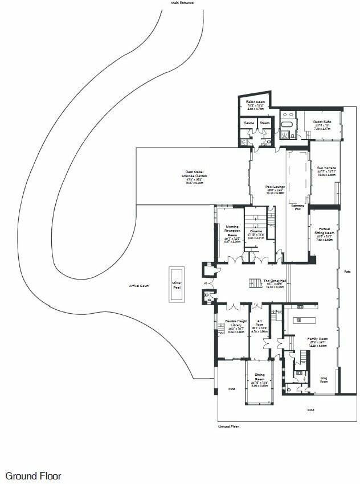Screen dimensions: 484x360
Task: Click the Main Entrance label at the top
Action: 182,3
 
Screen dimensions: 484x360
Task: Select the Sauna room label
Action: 249,122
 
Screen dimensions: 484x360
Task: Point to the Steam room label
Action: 265,122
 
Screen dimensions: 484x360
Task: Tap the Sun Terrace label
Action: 326,168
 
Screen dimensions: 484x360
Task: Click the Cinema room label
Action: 255,231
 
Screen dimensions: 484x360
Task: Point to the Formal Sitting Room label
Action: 325,232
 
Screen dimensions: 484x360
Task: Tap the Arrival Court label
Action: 139,285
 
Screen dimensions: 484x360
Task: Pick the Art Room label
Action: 260,323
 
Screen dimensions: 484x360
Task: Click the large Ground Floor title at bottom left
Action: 33,476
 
